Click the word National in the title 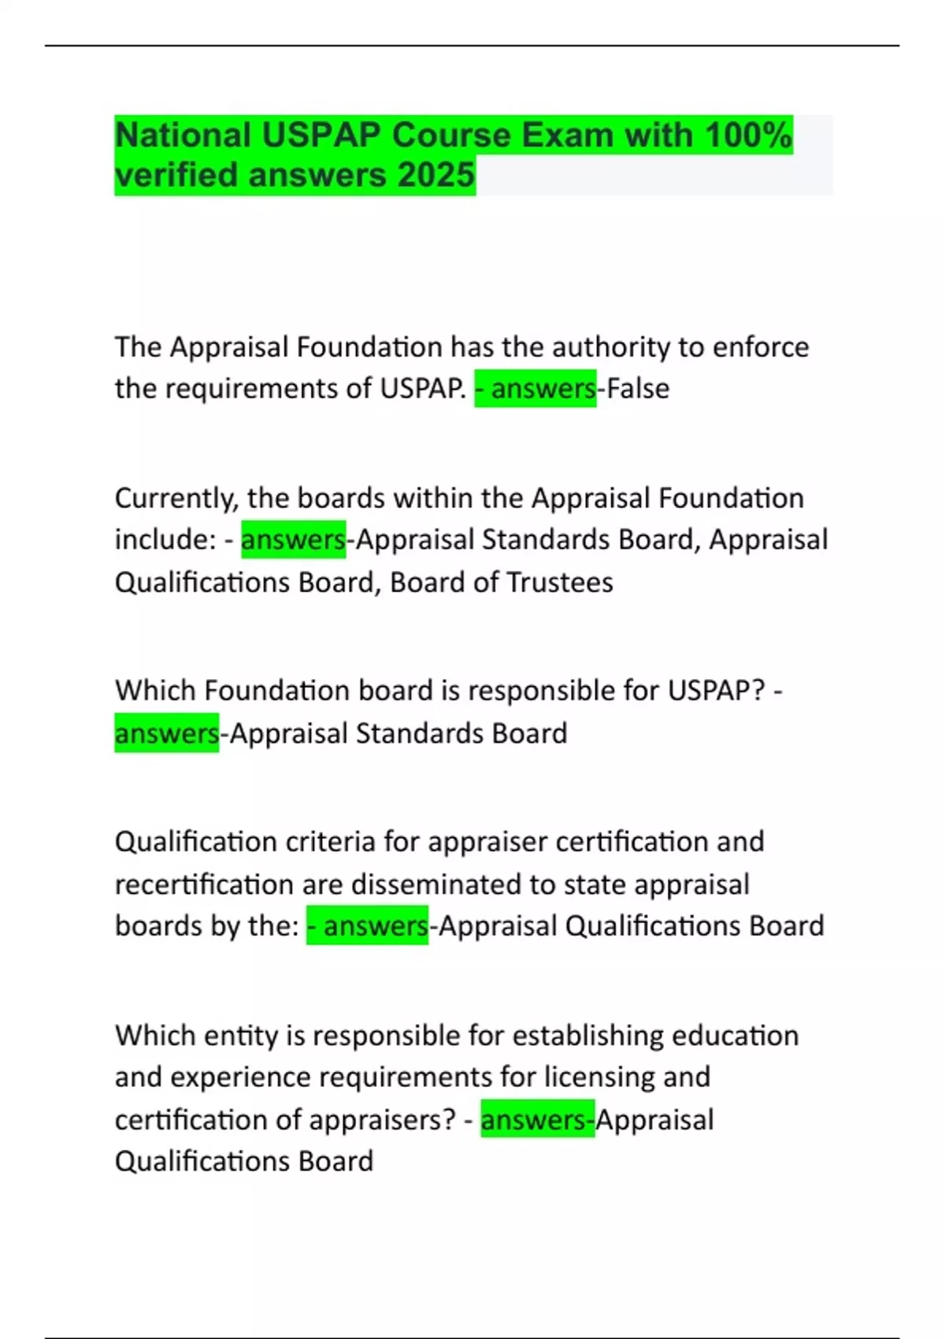pos(182,135)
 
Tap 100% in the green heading pos(748,135)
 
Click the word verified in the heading pos(176,175)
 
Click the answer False pos(637,388)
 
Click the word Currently pos(176,498)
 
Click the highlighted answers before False pos(543,388)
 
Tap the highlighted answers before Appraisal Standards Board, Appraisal pos(293,540)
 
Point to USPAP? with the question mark pos(717,691)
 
